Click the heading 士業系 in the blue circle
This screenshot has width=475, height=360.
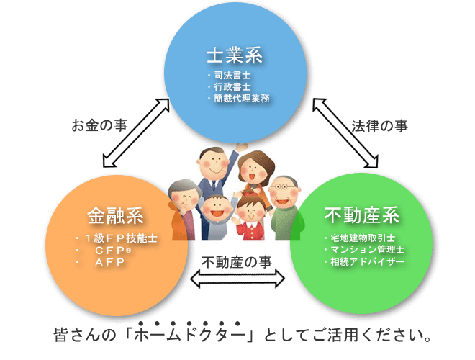[234, 55]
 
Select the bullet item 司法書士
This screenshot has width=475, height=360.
[232, 75]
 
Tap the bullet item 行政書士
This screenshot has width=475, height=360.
[232, 86]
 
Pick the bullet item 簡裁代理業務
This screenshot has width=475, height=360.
[241, 98]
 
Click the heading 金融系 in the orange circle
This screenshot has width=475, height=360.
[115, 216]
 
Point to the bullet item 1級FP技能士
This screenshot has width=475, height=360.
[121, 238]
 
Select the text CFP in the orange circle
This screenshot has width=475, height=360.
[109, 251]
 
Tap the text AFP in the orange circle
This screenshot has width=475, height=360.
[109, 262]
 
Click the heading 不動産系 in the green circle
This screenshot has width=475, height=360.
[362, 215]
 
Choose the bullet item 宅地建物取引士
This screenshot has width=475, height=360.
[363, 238]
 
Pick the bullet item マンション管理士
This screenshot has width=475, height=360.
[367, 250]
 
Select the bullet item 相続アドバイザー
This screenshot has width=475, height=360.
[367, 261]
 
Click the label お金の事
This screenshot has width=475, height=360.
[99, 125]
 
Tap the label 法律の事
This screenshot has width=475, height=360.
[380, 126]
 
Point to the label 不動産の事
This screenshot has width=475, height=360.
[237, 262]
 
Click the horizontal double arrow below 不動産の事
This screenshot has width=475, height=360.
[237, 279]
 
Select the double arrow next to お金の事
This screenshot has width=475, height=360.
[136, 132]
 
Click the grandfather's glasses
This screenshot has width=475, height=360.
[281, 186]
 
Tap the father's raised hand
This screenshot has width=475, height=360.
[241, 148]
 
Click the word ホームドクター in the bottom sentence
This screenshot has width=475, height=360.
[189, 335]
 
